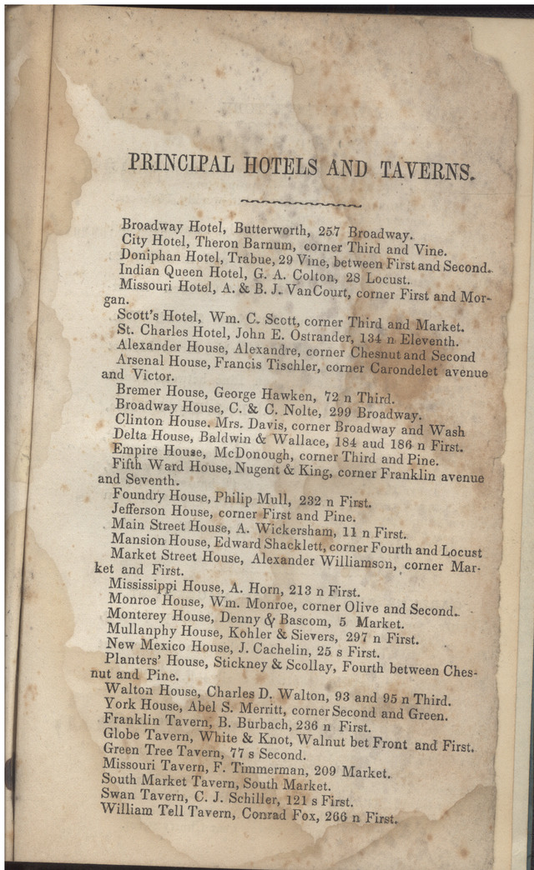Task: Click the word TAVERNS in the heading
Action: click(427, 171)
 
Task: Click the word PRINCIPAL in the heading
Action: click(180, 162)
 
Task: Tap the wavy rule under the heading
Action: click(300, 202)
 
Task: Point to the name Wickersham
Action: click(305, 531)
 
